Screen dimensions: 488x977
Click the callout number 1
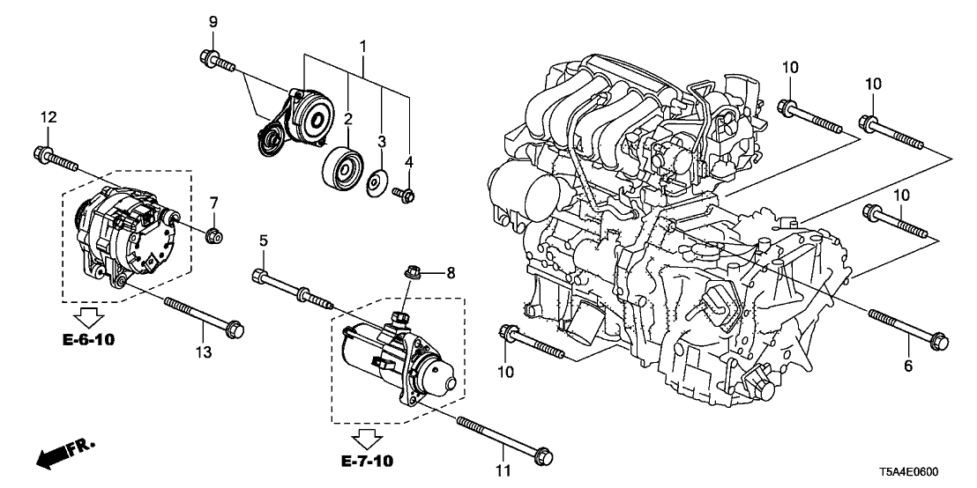coord(362,45)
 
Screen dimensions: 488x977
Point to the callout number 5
coord(262,240)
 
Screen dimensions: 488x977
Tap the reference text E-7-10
coord(364,460)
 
